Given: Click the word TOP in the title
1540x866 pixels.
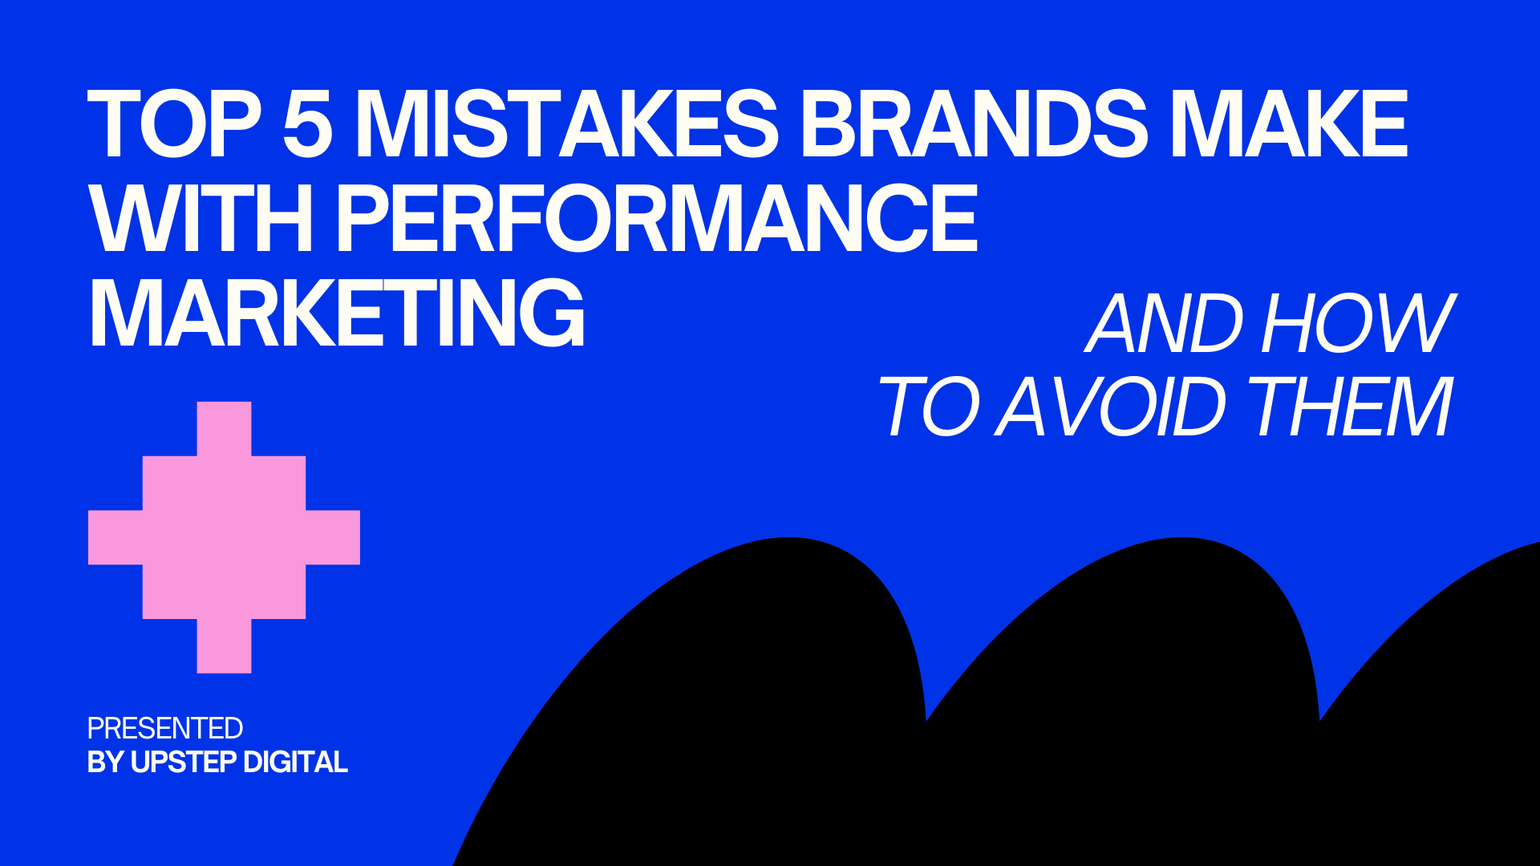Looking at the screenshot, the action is click(175, 123).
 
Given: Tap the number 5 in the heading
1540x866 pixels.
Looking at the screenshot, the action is click(307, 123).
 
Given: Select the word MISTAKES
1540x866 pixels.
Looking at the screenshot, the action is click(566, 123).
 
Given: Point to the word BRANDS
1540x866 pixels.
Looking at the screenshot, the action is click(974, 123).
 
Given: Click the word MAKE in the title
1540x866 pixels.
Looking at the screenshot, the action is click(1289, 123).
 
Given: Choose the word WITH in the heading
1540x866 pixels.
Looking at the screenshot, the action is click(201, 218).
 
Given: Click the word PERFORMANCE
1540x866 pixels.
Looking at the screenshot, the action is click(657, 218).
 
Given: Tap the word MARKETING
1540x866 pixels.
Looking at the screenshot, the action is click(337, 313).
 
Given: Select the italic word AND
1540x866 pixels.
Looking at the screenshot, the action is click(1167, 323).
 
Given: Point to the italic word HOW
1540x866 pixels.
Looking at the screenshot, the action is click(1358, 323).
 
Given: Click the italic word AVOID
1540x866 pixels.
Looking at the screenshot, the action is click(1111, 407).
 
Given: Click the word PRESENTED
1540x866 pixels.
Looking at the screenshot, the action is click(164, 728).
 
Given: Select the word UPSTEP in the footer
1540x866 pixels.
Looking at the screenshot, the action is click(184, 762).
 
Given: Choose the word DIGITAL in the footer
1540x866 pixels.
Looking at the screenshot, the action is click(295, 762).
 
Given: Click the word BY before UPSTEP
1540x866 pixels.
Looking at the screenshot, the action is click(106, 762).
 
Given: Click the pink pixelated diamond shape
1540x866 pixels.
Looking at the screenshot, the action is click(224, 537).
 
